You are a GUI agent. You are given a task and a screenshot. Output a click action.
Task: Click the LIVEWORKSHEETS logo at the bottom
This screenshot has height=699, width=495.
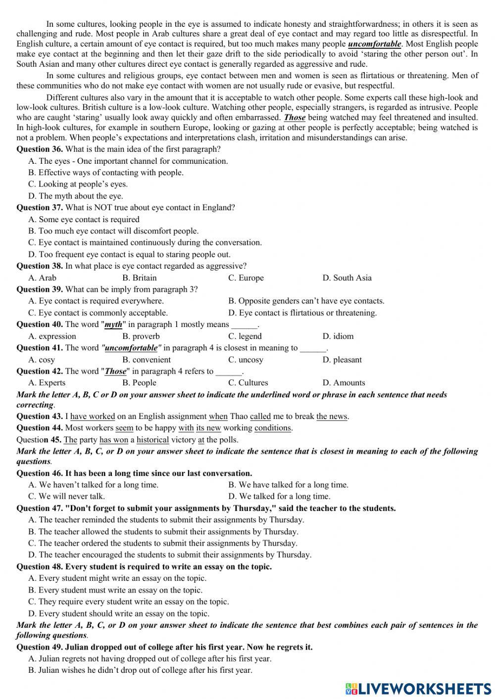click(x=418, y=689)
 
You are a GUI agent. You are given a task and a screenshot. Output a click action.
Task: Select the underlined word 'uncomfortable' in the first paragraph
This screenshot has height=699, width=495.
click(x=374, y=44)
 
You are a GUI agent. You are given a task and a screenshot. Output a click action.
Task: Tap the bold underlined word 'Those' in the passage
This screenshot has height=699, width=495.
click(x=295, y=118)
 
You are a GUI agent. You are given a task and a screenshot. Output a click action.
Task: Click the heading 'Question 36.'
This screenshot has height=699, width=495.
click(x=40, y=149)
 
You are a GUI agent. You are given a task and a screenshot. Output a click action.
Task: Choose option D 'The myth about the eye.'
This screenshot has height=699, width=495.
click(x=76, y=196)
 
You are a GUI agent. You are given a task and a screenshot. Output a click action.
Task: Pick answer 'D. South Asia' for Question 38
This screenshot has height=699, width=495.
click(x=346, y=278)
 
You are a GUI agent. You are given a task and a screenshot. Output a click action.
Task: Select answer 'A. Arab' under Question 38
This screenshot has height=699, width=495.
click(x=43, y=278)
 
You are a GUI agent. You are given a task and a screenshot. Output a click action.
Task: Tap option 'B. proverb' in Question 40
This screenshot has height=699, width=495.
click(x=141, y=336)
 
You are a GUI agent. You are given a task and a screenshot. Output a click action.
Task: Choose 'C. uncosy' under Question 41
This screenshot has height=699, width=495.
click(x=246, y=360)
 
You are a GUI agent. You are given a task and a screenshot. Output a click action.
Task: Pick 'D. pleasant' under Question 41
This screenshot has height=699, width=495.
click(x=342, y=360)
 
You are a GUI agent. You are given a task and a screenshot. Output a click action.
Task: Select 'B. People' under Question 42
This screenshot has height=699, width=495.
click(x=139, y=383)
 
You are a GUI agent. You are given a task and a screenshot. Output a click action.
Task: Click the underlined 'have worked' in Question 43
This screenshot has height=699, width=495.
click(x=93, y=417)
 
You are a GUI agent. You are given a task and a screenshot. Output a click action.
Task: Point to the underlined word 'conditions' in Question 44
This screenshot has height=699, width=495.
click(x=273, y=428)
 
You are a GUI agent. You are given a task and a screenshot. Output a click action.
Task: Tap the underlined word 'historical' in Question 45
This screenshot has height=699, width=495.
click(x=152, y=440)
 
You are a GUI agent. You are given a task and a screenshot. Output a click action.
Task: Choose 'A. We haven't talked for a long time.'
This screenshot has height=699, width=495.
click(x=94, y=485)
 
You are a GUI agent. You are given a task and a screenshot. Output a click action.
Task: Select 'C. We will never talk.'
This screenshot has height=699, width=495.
click(x=67, y=496)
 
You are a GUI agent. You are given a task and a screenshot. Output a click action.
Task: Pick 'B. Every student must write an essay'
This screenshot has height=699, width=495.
click(x=115, y=590)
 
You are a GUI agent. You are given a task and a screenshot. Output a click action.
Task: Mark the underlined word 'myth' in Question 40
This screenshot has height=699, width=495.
click(x=113, y=325)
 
